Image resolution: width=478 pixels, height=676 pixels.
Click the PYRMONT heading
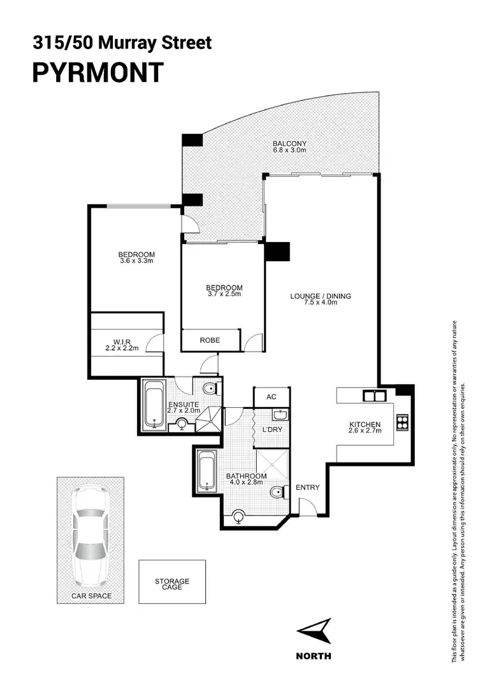click(x=98, y=72)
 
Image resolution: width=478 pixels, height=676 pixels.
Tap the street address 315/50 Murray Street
click(x=122, y=43)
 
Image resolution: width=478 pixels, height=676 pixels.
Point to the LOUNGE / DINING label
click(x=320, y=296)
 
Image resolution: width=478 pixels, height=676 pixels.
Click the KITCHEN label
click(x=365, y=424)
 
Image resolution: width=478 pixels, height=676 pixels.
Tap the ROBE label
click(x=210, y=340)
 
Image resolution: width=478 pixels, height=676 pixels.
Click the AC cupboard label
click(x=272, y=396)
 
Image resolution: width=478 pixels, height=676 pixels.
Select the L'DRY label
click(x=272, y=429)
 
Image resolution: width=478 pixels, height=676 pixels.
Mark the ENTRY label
click(x=308, y=488)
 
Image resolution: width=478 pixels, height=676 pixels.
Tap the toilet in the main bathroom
click(x=277, y=494)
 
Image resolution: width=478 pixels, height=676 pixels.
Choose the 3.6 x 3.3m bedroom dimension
click(x=137, y=261)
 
